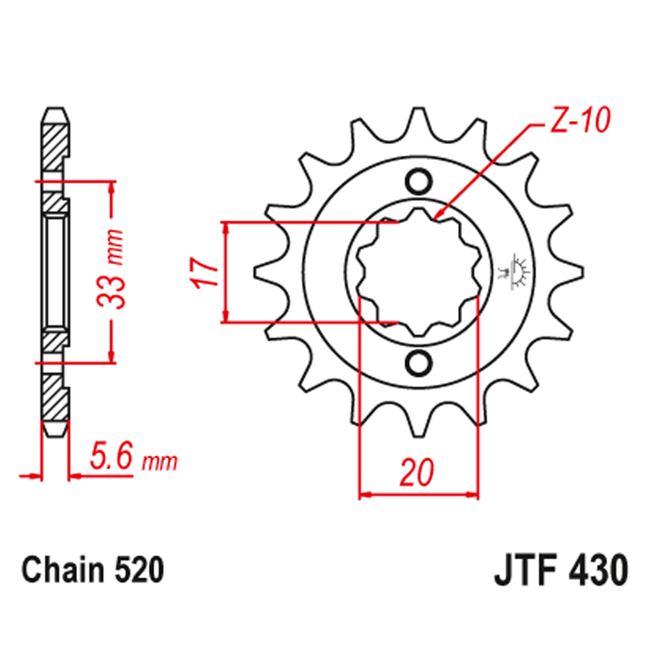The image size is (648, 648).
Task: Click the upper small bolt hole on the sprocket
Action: (418, 179)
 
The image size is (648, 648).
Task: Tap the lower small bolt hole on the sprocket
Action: (418, 361)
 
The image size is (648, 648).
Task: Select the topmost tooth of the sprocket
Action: (418, 120)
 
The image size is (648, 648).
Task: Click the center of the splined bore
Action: (418, 271)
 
